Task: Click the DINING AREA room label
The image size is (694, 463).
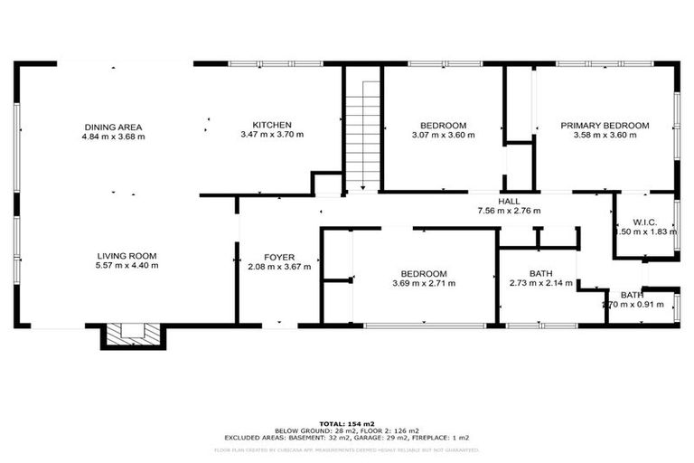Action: (114, 127)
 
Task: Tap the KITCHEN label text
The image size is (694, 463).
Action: (271, 125)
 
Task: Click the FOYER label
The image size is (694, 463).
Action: (279, 257)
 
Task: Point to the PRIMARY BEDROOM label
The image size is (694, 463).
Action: (605, 125)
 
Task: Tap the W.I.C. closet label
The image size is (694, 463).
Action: (644, 222)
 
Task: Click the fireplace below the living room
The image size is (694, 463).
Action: (133, 335)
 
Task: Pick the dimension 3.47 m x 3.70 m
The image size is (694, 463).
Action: (271, 135)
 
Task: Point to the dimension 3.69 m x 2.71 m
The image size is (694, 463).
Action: (424, 283)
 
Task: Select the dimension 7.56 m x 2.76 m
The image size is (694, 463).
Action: (509, 211)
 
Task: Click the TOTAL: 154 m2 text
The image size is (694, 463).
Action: (346, 423)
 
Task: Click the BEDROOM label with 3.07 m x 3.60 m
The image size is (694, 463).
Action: (443, 125)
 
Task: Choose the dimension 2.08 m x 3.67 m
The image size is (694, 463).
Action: (279, 267)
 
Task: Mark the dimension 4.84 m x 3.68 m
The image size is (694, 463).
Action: (114, 137)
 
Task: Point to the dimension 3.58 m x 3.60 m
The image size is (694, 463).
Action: (605, 135)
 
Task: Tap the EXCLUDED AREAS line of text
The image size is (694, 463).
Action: (346, 438)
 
